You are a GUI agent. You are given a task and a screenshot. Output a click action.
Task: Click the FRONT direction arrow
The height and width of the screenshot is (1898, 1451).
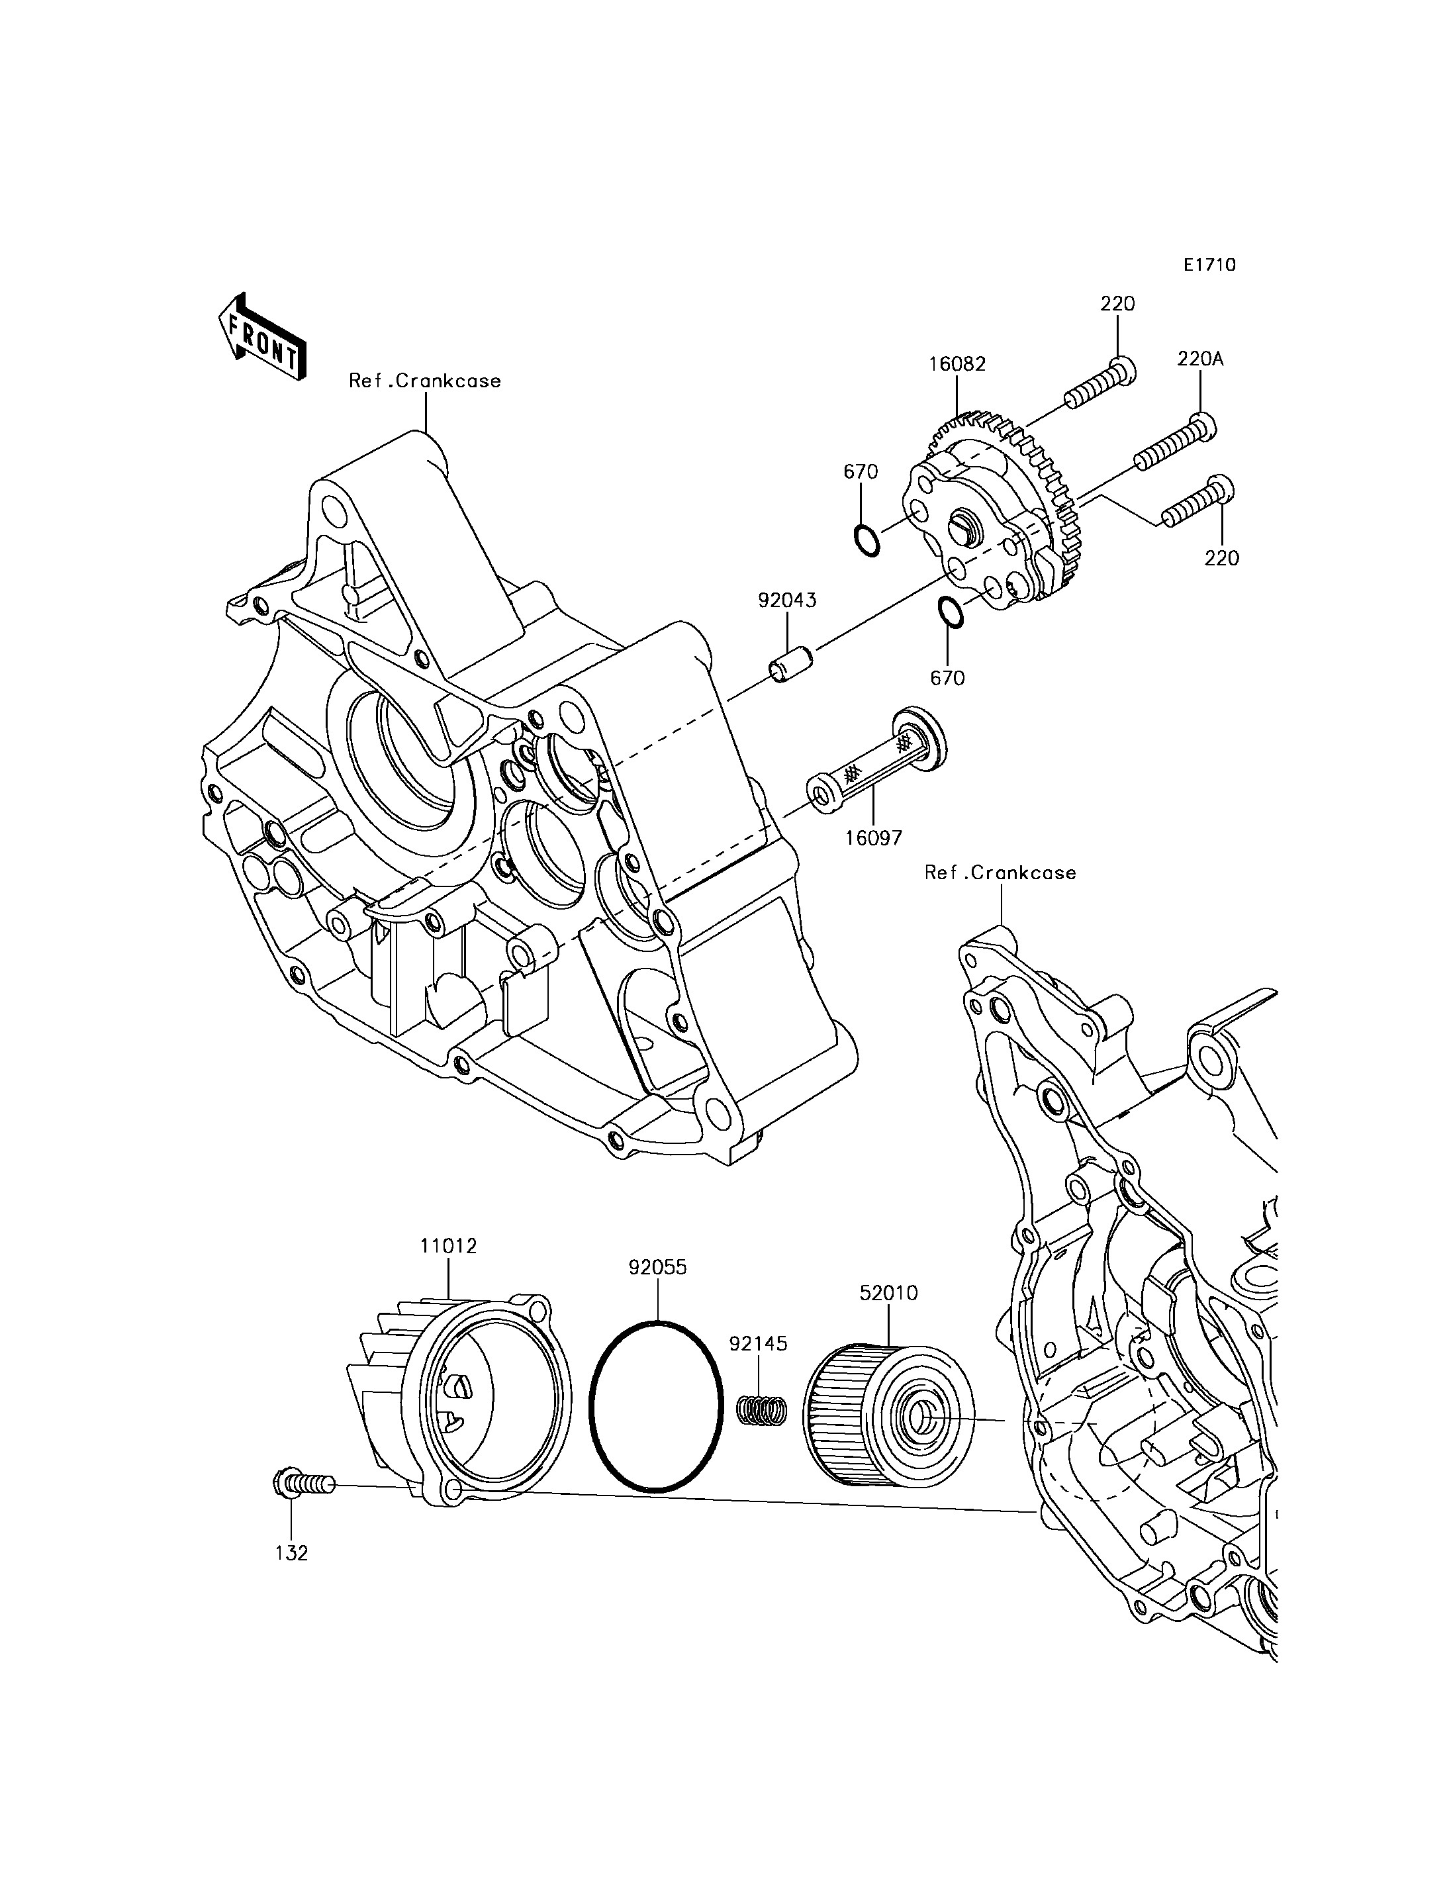[261, 338]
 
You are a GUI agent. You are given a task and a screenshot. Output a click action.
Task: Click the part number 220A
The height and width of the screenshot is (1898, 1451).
[1199, 359]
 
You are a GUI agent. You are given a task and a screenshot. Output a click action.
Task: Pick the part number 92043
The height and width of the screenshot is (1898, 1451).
[787, 600]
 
